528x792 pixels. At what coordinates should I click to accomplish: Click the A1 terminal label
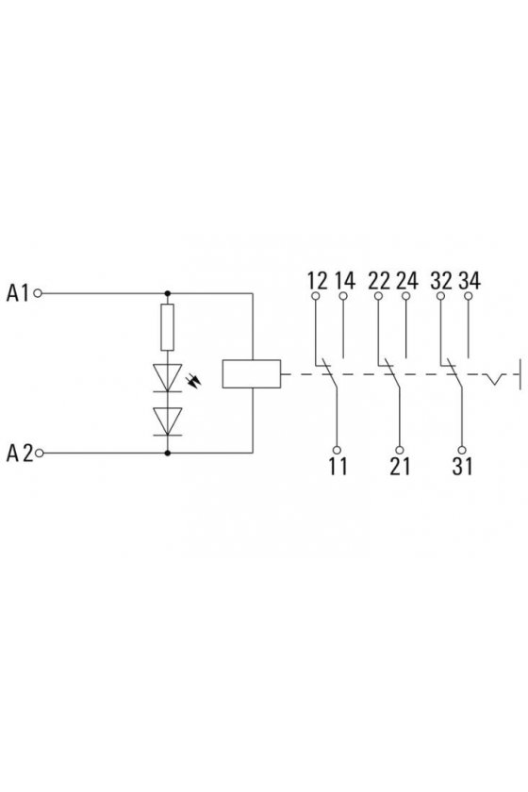(x=18, y=293)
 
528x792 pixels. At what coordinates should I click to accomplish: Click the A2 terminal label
(x=19, y=454)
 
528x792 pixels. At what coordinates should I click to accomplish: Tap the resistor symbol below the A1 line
(x=167, y=327)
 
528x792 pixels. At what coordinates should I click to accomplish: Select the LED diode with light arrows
(x=167, y=377)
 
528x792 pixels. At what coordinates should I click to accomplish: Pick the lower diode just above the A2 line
(x=167, y=421)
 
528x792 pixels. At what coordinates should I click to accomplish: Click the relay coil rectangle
(x=252, y=373)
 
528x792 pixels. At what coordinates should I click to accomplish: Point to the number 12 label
(x=318, y=280)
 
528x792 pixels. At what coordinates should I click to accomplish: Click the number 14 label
(x=344, y=280)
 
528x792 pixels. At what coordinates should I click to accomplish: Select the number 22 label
(x=379, y=280)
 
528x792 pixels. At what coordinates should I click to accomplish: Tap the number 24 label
(x=407, y=280)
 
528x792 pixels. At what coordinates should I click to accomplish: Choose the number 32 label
(x=441, y=280)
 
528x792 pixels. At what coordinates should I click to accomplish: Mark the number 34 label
(x=470, y=280)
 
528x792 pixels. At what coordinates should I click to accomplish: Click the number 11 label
(x=338, y=466)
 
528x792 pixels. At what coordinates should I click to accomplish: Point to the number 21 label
(x=400, y=466)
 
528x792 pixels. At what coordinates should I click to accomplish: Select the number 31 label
(x=462, y=466)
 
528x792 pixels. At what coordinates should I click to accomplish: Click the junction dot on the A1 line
(x=168, y=293)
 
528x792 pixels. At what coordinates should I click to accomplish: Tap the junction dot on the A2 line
(x=168, y=454)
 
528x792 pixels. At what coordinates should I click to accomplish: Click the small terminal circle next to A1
(x=38, y=293)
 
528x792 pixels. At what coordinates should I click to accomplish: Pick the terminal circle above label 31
(x=462, y=450)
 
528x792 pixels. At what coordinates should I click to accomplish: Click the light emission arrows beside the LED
(x=194, y=380)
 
